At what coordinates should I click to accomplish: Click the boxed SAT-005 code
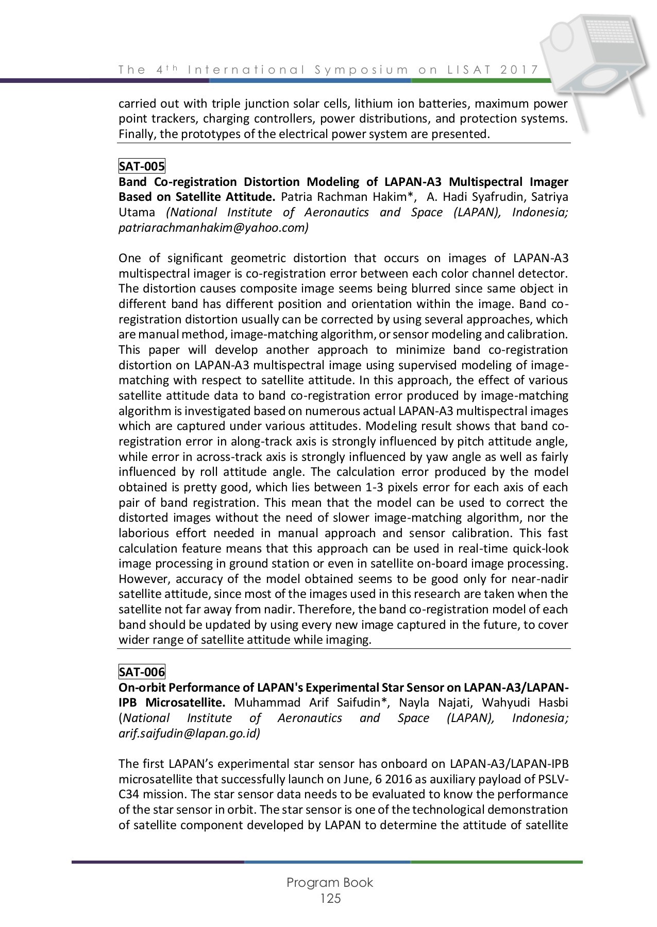[142, 166]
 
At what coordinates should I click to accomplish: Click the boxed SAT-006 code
[142, 672]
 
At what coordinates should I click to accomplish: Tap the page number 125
[330, 899]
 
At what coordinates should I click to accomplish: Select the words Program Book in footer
[330, 882]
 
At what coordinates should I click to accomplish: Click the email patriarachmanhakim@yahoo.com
[213, 228]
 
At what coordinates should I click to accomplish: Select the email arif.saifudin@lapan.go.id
[189, 733]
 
